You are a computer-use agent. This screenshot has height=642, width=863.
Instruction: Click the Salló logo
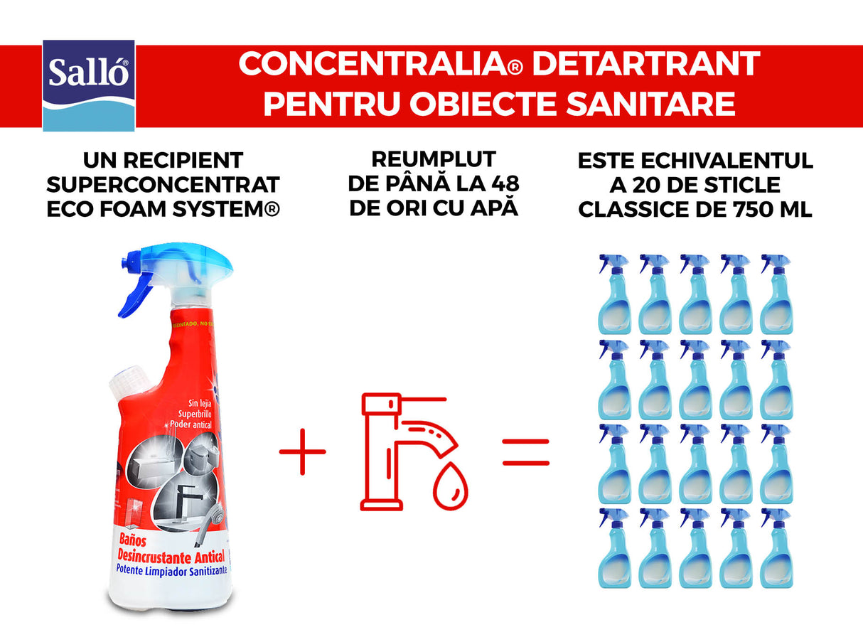click(x=89, y=85)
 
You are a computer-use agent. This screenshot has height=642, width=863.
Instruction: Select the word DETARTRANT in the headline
click(x=645, y=64)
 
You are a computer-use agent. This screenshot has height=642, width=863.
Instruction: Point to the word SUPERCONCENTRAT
click(x=163, y=185)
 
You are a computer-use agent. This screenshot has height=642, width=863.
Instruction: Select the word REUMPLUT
click(x=432, y=159)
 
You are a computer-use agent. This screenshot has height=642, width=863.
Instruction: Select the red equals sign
click(x=526, y=451)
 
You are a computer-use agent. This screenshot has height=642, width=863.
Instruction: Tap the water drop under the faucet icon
click(x=450, y=491)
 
